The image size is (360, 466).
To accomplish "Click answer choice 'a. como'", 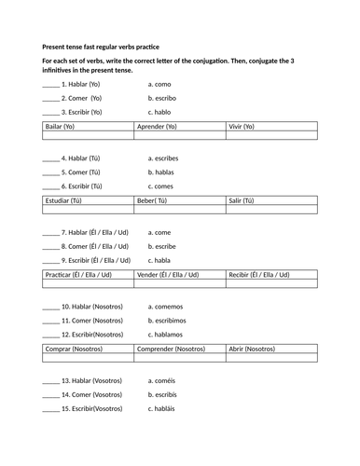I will (x=161, y=84).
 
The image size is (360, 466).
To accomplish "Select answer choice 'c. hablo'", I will (x=161, y=112).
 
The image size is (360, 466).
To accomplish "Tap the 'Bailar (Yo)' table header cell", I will (x=61, y=125).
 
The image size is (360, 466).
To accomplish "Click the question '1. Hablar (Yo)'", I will (x=79, y=84).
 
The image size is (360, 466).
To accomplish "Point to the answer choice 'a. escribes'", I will (x=165, y=158).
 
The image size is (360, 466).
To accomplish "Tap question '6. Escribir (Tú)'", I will (x=81, y=186).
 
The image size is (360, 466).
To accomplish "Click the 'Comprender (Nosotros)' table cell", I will (x=171, y=349).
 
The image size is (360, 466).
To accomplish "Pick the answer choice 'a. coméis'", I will (x=163, y=380).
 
